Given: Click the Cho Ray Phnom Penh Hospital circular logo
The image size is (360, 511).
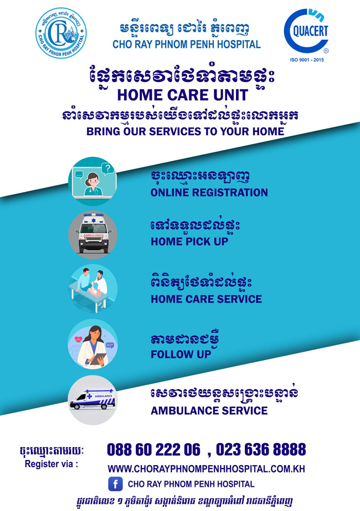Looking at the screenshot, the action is pos(61,33).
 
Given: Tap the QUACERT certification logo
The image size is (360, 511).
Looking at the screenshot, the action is pos(307,31).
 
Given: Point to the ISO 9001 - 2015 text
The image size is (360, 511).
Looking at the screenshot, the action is pos(307,60).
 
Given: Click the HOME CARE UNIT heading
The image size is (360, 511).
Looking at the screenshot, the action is pos(183,95).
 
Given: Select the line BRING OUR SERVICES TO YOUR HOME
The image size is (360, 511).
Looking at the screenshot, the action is pos(185,131).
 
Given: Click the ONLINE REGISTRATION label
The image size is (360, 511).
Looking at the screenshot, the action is pos(209,192).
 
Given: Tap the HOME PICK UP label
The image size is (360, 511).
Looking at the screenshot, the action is pos(189,241).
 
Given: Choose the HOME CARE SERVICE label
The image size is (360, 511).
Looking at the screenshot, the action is pos(206,299).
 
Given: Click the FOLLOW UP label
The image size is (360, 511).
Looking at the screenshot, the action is pos(181,354).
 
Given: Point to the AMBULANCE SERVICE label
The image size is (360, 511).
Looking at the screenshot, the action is pos(209,411).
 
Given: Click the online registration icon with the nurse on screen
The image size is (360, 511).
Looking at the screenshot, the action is pos(93,181).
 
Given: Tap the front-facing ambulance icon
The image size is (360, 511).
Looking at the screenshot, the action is pos(93,235).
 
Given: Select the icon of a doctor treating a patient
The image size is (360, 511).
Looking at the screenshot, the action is pos(93,289).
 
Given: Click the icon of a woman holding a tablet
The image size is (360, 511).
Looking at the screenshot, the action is pos(93,344).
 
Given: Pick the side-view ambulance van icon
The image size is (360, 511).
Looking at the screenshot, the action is pos(93,400).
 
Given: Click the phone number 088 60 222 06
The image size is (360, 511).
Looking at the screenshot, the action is pos(153,450).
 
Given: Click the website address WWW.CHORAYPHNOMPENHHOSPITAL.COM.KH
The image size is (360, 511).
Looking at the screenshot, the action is pos(206,469).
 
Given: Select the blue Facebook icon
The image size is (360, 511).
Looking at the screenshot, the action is pos(115,484).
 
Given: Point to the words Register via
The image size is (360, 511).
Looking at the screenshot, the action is pos(51,464).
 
